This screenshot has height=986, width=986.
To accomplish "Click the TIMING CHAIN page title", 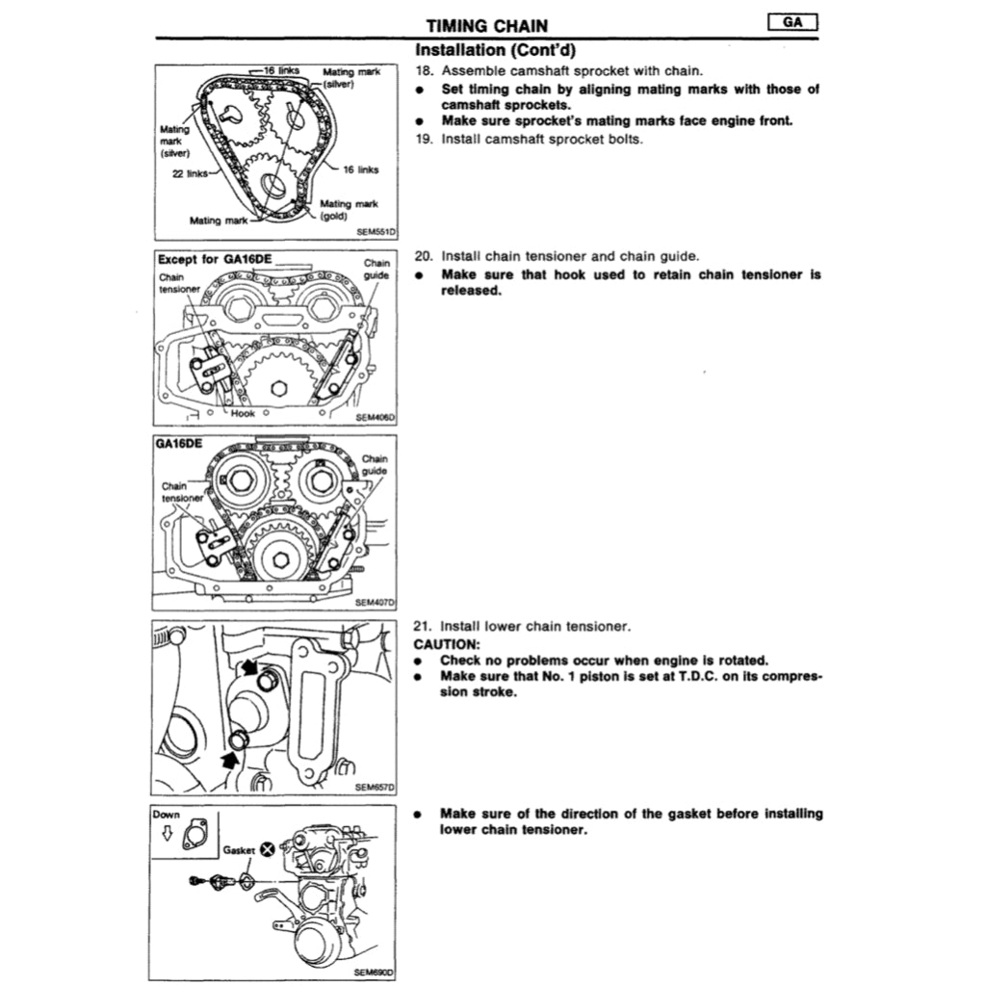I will [488, 26].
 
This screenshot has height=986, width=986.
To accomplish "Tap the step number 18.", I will [422, 72].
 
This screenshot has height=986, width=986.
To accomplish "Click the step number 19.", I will [422, 139].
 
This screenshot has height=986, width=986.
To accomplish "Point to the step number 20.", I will [422, 257].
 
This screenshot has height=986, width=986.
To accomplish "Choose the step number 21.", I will [422, 627].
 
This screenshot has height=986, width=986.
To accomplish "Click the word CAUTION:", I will [446, 643].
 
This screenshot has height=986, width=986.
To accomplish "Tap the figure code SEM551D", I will [376, 232].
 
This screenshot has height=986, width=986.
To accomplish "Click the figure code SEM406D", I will [376, 418].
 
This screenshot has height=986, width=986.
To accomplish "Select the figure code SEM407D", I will [376, 603].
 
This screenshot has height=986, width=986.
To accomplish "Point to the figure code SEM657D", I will [376, 787].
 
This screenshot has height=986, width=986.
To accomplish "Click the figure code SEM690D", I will [376, 973].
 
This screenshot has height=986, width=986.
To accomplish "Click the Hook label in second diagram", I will [243, 413].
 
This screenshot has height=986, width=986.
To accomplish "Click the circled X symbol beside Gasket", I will [267, 849].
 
